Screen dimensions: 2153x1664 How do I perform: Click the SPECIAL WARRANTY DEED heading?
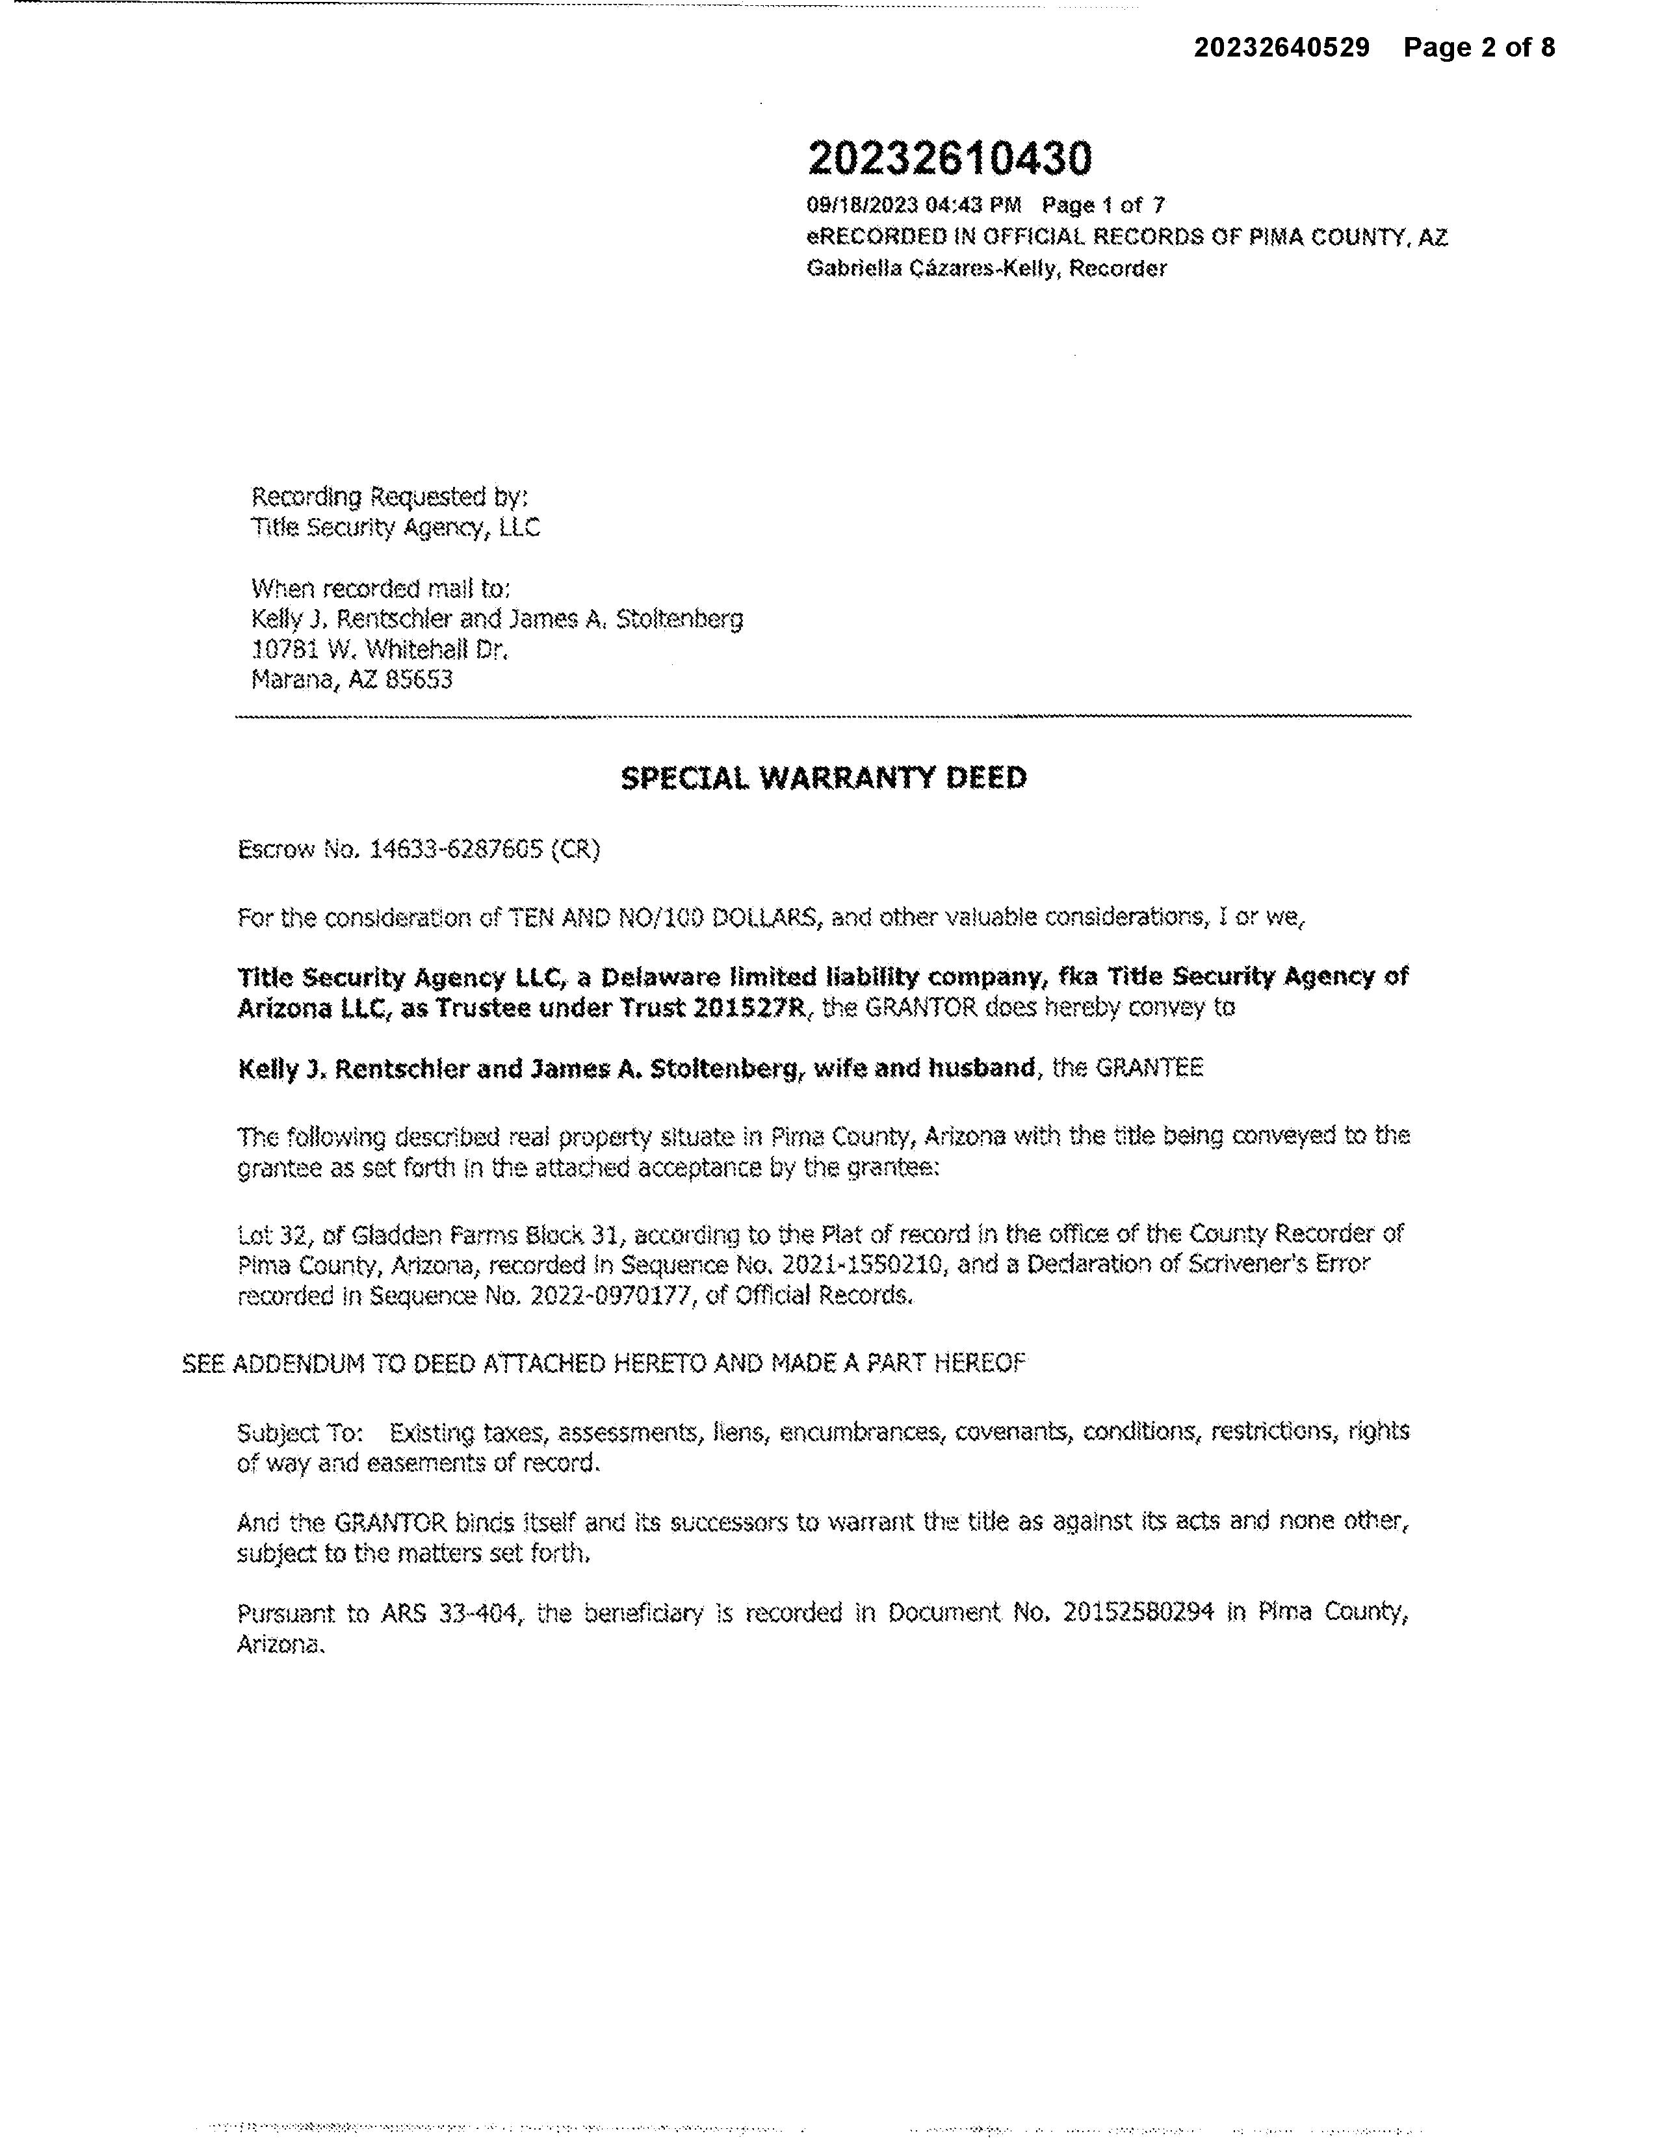(x=823, y=778)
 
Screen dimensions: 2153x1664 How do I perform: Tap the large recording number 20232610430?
(x=949, y=158)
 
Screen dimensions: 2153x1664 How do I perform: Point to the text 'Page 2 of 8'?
(x=1479, y=47)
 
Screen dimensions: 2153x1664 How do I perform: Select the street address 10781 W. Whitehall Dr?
(x=380, y=649)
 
